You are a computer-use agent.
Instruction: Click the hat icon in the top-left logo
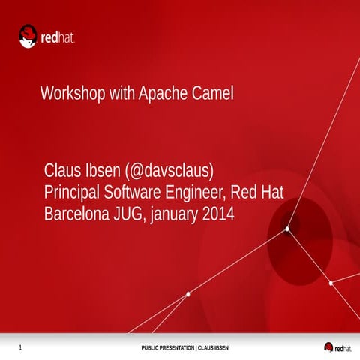28,34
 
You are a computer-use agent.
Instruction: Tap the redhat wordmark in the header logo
59,36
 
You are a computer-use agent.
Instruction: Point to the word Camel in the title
214,94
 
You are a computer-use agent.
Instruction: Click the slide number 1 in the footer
19,347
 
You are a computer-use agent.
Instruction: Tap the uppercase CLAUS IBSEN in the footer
212,348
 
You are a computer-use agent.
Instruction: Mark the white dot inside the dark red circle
287,229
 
